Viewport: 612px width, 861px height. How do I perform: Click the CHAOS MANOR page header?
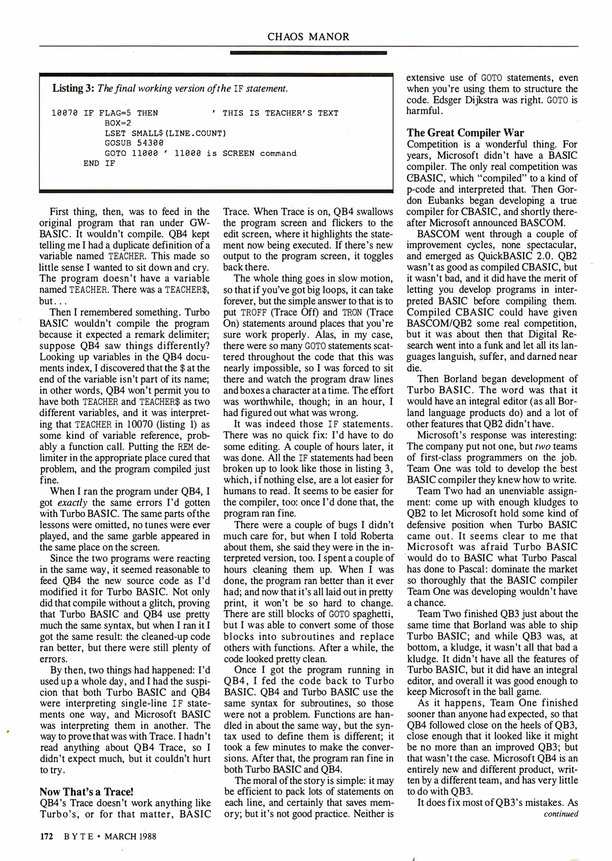pos(308,37)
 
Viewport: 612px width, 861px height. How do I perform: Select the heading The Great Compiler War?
pos(465,133)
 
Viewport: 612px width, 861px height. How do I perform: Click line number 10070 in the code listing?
pos(65,113)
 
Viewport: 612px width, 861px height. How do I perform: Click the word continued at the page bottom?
pos(561,814)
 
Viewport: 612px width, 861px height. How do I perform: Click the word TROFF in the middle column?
pos(250,313)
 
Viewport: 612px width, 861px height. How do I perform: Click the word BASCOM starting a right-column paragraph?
pos(438,234)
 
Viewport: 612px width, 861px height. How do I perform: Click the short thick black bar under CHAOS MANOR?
pos(308,53)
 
